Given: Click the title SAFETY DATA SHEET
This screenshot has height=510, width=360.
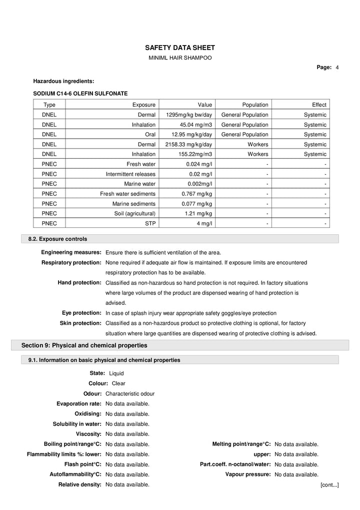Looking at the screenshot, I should point(179,48).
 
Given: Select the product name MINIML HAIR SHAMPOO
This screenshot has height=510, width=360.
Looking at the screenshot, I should point(180,58).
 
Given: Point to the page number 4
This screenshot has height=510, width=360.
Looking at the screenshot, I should point(337,68).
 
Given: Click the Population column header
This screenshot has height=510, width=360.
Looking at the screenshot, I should point(255,105).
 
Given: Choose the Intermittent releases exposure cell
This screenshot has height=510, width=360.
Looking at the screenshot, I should point(130,174).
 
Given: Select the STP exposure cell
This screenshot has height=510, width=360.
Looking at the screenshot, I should point(150,223).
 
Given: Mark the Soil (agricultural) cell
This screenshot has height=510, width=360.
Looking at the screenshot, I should point(135,214).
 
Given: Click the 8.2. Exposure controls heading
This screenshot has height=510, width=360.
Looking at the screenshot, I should point(57,239).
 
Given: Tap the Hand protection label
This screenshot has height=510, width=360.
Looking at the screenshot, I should point(79,283).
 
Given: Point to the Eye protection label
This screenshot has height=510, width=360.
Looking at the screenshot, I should point(81,313).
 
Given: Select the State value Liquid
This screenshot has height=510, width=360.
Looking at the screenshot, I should point(116,373).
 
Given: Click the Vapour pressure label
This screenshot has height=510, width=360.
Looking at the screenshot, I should point(248,474).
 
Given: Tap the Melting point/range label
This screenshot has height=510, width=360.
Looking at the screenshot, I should point(241,444).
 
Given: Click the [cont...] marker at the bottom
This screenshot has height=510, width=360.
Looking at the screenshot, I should point(329,485).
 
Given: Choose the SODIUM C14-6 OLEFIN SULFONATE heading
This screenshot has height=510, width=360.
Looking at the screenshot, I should point(80,93).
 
